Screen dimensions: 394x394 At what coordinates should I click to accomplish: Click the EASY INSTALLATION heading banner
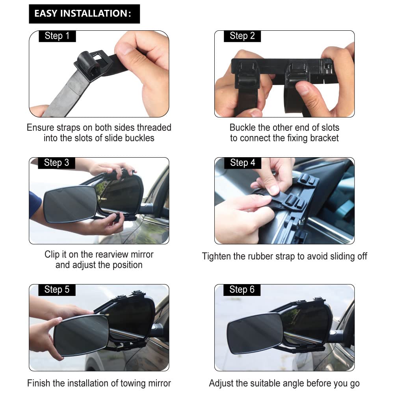coord(84,14)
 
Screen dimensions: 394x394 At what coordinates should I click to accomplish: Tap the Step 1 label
coord(57,36)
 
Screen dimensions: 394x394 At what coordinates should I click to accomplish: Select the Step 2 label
coord(242,36)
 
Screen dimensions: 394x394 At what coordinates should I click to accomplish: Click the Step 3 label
coord(56,163)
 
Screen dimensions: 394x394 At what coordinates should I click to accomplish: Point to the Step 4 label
coord(242,163)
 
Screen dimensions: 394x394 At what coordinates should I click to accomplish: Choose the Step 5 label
coord(57,290)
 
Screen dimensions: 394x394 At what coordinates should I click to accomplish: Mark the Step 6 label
coord(242,290)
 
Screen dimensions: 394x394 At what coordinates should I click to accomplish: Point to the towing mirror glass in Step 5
coord(81,336)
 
